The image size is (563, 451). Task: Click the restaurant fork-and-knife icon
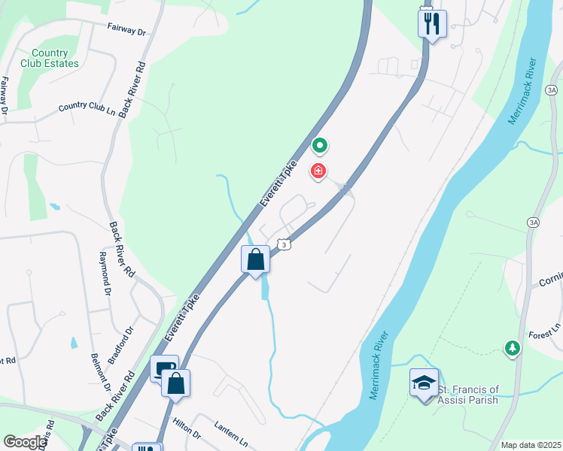pyautogui.click(x=432, y=23)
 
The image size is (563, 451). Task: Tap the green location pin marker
pyautogui.click(x=320, y=144)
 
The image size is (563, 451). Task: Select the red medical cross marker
pyautogui.click(x=319, y=172)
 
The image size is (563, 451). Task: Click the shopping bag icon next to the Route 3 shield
pyautogui.click(x=256, y=259)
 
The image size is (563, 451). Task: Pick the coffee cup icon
pyautogui.click(x=164, y=368)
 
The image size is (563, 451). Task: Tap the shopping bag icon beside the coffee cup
pyautogui.click(x=176, y=383)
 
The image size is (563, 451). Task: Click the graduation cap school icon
pyautogui.click(x=424, y=382)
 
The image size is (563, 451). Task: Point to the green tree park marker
pyautogui.click(x=512, y=347)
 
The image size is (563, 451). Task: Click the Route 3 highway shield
pyautogui.click(x=283, y=244)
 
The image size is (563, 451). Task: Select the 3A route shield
pyautogui.click(x=533, y=222)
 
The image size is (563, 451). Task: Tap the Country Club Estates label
pyautogui.click(x=50, y=59)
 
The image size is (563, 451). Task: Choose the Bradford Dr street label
pyautogui.click(x=120, y=341)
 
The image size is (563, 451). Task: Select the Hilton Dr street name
pyautogui.click(x=186, y=430)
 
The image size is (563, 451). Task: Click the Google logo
pyautogui.click(x=25, y=443)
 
